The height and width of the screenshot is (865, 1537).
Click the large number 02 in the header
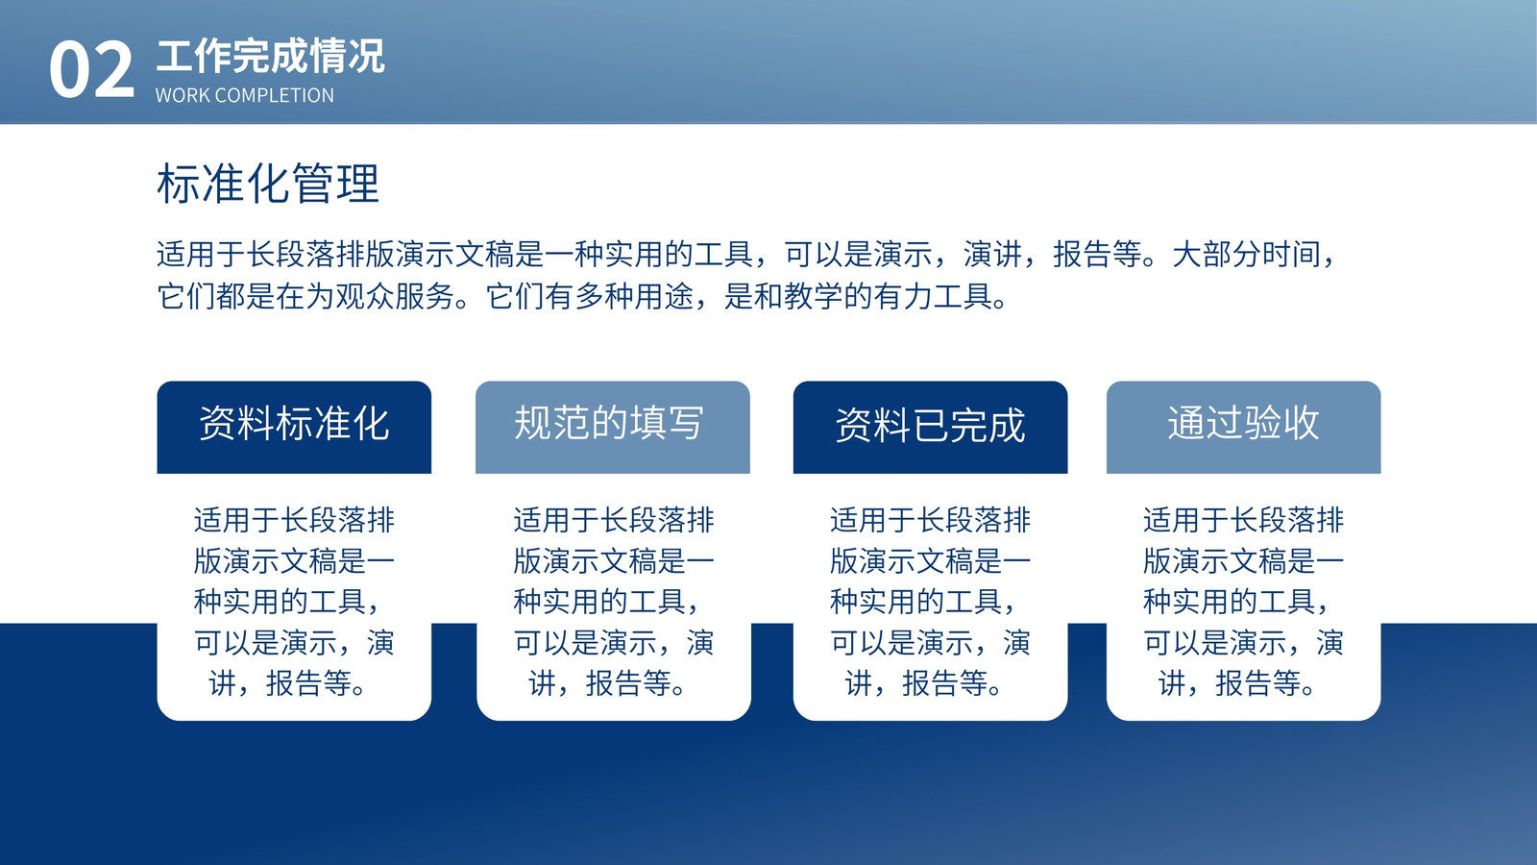[x=91, y=68]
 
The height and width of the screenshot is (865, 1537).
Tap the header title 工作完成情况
[x=270, y=57]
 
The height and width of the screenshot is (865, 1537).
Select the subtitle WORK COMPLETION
[x=245, y=95]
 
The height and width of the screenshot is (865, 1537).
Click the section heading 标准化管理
[x=268, y=184]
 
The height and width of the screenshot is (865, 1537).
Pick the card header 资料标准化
[x=294, y=423]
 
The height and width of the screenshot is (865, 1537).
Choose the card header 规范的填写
[x=609, y=422]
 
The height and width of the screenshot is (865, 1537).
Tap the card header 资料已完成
[x=931, y=425]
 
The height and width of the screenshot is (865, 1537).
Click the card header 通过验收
[x=1243, y=422]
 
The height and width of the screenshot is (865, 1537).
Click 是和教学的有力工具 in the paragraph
[x=859, y=297]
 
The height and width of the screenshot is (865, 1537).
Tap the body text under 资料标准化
[x=294, y=602]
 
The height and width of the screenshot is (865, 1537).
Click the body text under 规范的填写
[x=614, y=602]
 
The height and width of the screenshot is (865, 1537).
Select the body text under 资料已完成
[x=931, y=602]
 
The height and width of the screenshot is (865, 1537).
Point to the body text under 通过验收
[x=1243, y=602]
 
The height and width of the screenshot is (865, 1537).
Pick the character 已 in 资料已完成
[x=931, y=425]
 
